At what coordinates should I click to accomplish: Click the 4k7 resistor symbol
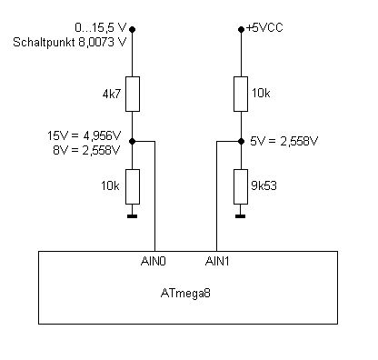tap(133, 94)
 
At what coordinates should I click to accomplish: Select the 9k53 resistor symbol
tap(241, 186)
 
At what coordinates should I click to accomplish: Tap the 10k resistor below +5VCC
tap(241, 94)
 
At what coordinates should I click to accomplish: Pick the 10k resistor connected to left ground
tap(133, 186)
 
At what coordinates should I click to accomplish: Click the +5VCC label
tap(264, 28)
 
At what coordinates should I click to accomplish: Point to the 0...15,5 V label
tap(100, 28)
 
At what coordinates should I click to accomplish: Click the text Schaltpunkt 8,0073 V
tap(69, 43)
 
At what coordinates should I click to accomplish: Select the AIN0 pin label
tap(154, 261)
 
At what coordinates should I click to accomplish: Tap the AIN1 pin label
tap(217, 261)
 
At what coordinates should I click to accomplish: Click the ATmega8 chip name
tap(185, 294)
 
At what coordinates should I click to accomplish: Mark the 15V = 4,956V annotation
tap(84, 135)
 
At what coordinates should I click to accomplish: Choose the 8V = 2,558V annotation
tap(86, 150)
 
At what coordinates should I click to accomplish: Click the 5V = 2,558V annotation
tap(284, 141)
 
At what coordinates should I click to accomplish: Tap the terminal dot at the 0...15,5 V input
tap(133, 29)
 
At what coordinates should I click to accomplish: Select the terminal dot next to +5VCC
tap(241, 29)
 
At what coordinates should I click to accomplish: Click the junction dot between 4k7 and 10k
tap(133, 141)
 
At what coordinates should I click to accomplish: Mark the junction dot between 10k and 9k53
tap(241, 141)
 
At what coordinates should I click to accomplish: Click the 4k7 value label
tap(112, 95)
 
